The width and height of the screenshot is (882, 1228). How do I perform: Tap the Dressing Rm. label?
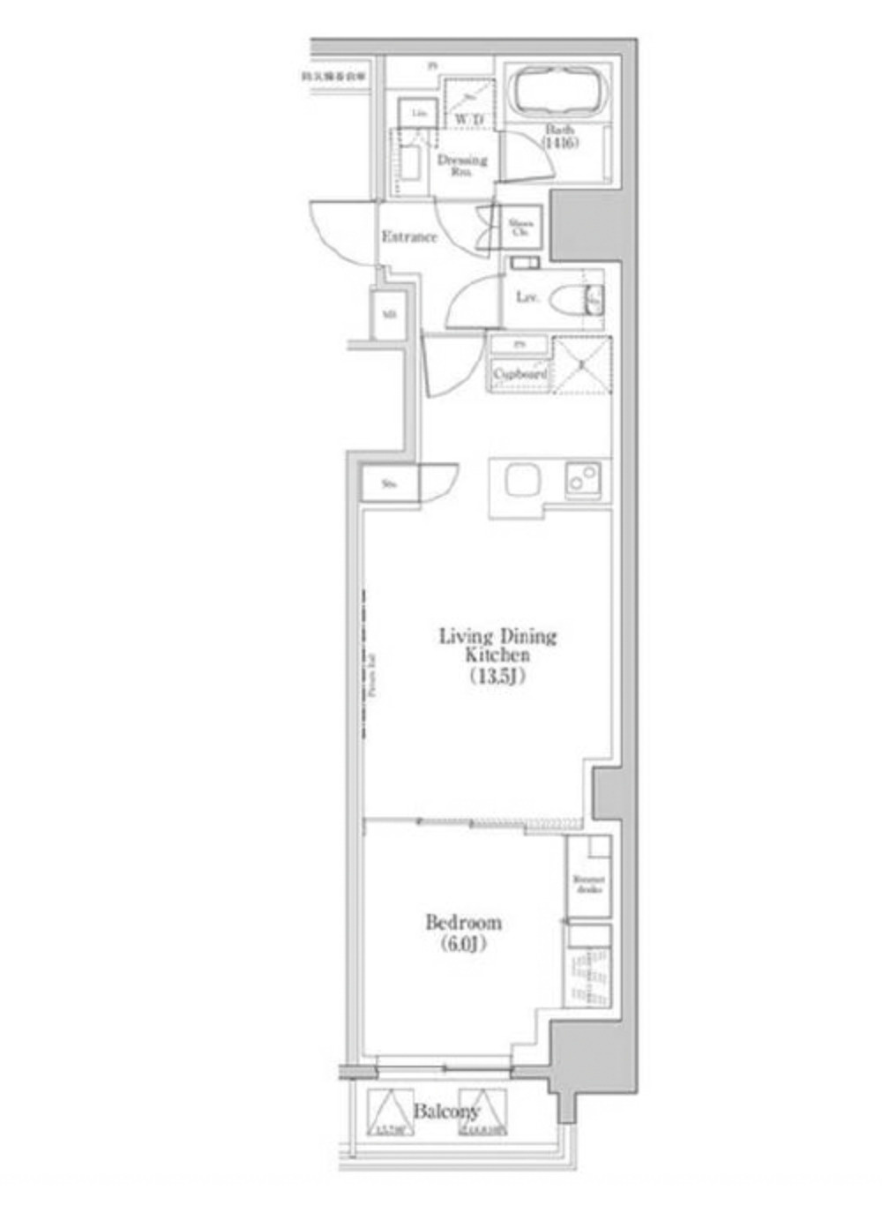coord(461,165)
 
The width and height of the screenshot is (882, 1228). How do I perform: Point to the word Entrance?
coord(409,236)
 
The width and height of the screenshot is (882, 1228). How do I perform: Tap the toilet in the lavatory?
coord(572,300)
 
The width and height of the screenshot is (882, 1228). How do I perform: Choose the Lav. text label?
coord(527,298)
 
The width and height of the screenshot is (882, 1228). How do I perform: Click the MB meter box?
coord(388,315)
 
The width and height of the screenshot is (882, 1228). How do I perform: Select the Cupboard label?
coord(519,374)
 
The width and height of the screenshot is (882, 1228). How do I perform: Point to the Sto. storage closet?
coord(388,484)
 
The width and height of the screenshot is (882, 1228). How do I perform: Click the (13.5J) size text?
coord(498,678)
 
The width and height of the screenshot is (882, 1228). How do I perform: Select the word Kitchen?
coord(498,655)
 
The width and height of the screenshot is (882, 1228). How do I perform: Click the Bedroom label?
coord(464,923)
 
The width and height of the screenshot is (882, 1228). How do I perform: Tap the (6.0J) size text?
coord(464,945)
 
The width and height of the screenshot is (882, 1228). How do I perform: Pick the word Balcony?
coord(445,1111)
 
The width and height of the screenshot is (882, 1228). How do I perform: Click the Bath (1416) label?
coord(560,136)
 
